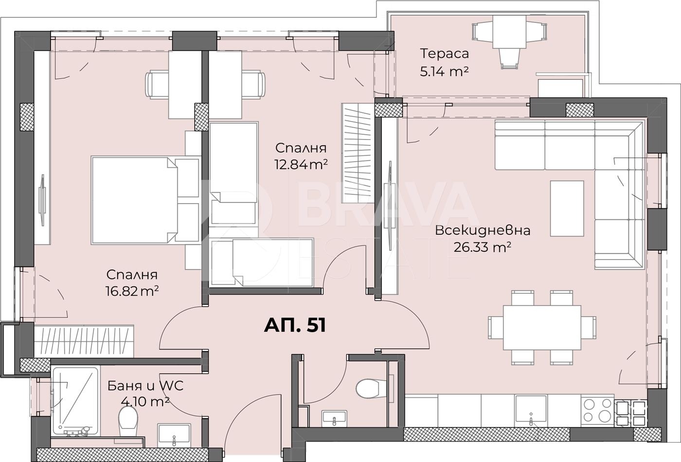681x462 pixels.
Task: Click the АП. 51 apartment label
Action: coord(295,325)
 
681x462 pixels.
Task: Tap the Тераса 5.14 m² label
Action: coord(444,63)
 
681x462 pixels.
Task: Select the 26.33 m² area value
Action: coord(482,247)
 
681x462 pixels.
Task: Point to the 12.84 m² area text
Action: coord(301,165)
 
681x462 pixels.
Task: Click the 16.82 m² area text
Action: coord(132,291)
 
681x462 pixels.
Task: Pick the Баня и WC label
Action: coord(145,386)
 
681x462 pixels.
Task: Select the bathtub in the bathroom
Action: coord(76,401)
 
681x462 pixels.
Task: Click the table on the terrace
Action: coord(509,32)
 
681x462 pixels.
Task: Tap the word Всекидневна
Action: coord(483,231)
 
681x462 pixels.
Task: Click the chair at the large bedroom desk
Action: coord(157,85)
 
